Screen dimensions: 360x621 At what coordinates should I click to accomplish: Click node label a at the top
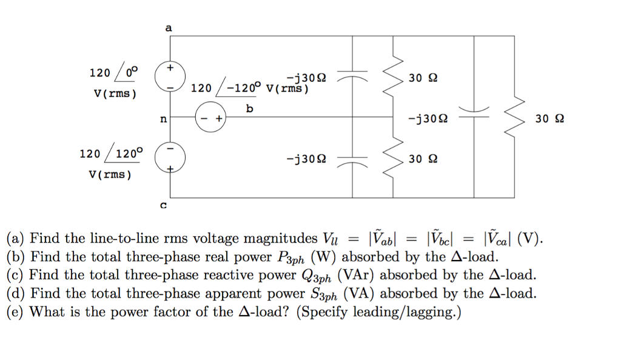169,28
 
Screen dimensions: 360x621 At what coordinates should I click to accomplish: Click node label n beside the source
163,119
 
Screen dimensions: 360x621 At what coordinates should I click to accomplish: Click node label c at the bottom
163,205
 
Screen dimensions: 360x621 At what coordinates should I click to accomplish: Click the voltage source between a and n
169,78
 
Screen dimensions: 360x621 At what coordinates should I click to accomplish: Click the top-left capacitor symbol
353,78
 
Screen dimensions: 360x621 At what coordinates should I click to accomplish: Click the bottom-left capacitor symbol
353,161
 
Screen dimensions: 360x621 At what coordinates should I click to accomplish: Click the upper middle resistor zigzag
394,77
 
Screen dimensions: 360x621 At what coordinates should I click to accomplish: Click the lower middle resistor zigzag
394,159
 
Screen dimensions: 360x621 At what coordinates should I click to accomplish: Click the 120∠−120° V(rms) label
250,88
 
